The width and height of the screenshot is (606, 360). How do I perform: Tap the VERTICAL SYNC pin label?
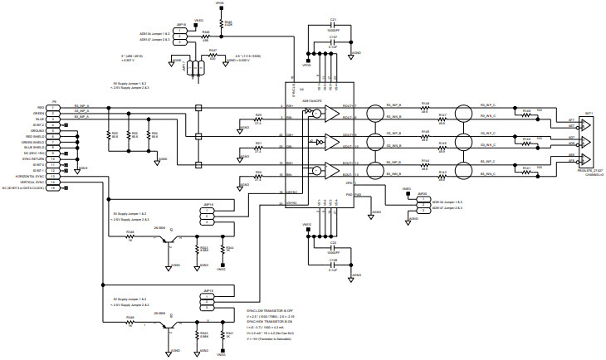(32, 182)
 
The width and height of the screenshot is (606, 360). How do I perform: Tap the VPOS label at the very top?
(219, 3)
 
